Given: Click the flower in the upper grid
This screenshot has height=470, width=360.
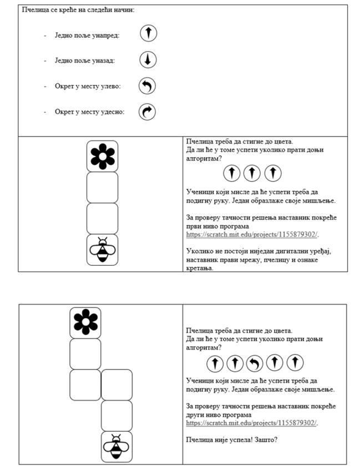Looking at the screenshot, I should tap(102, 156).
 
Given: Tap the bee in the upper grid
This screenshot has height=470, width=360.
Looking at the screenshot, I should tap(103, 250).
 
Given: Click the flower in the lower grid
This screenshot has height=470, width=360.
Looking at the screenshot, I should tap(85, 322).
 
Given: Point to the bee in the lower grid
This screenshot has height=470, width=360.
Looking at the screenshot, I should tap(116, 446).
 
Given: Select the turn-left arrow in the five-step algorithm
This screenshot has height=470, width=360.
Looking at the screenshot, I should tap(255, 363).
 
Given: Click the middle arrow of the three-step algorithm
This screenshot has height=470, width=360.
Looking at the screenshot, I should tap(252, 173).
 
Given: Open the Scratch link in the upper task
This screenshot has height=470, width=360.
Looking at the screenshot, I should tap(252, 235).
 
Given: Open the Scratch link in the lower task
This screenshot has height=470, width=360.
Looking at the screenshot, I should tap(252, 423).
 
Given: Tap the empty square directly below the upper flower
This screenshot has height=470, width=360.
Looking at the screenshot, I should tap(102, 187).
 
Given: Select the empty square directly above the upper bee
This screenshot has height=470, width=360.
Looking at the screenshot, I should tap(102, 218).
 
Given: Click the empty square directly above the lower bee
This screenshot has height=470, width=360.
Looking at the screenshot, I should tap(116, 416).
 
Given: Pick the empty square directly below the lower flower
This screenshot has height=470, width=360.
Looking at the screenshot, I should tap(85, 353).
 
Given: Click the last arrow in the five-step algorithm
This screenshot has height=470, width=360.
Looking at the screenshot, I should tap(295, 363).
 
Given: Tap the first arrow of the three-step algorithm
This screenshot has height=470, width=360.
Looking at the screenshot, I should tap(232, 173).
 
